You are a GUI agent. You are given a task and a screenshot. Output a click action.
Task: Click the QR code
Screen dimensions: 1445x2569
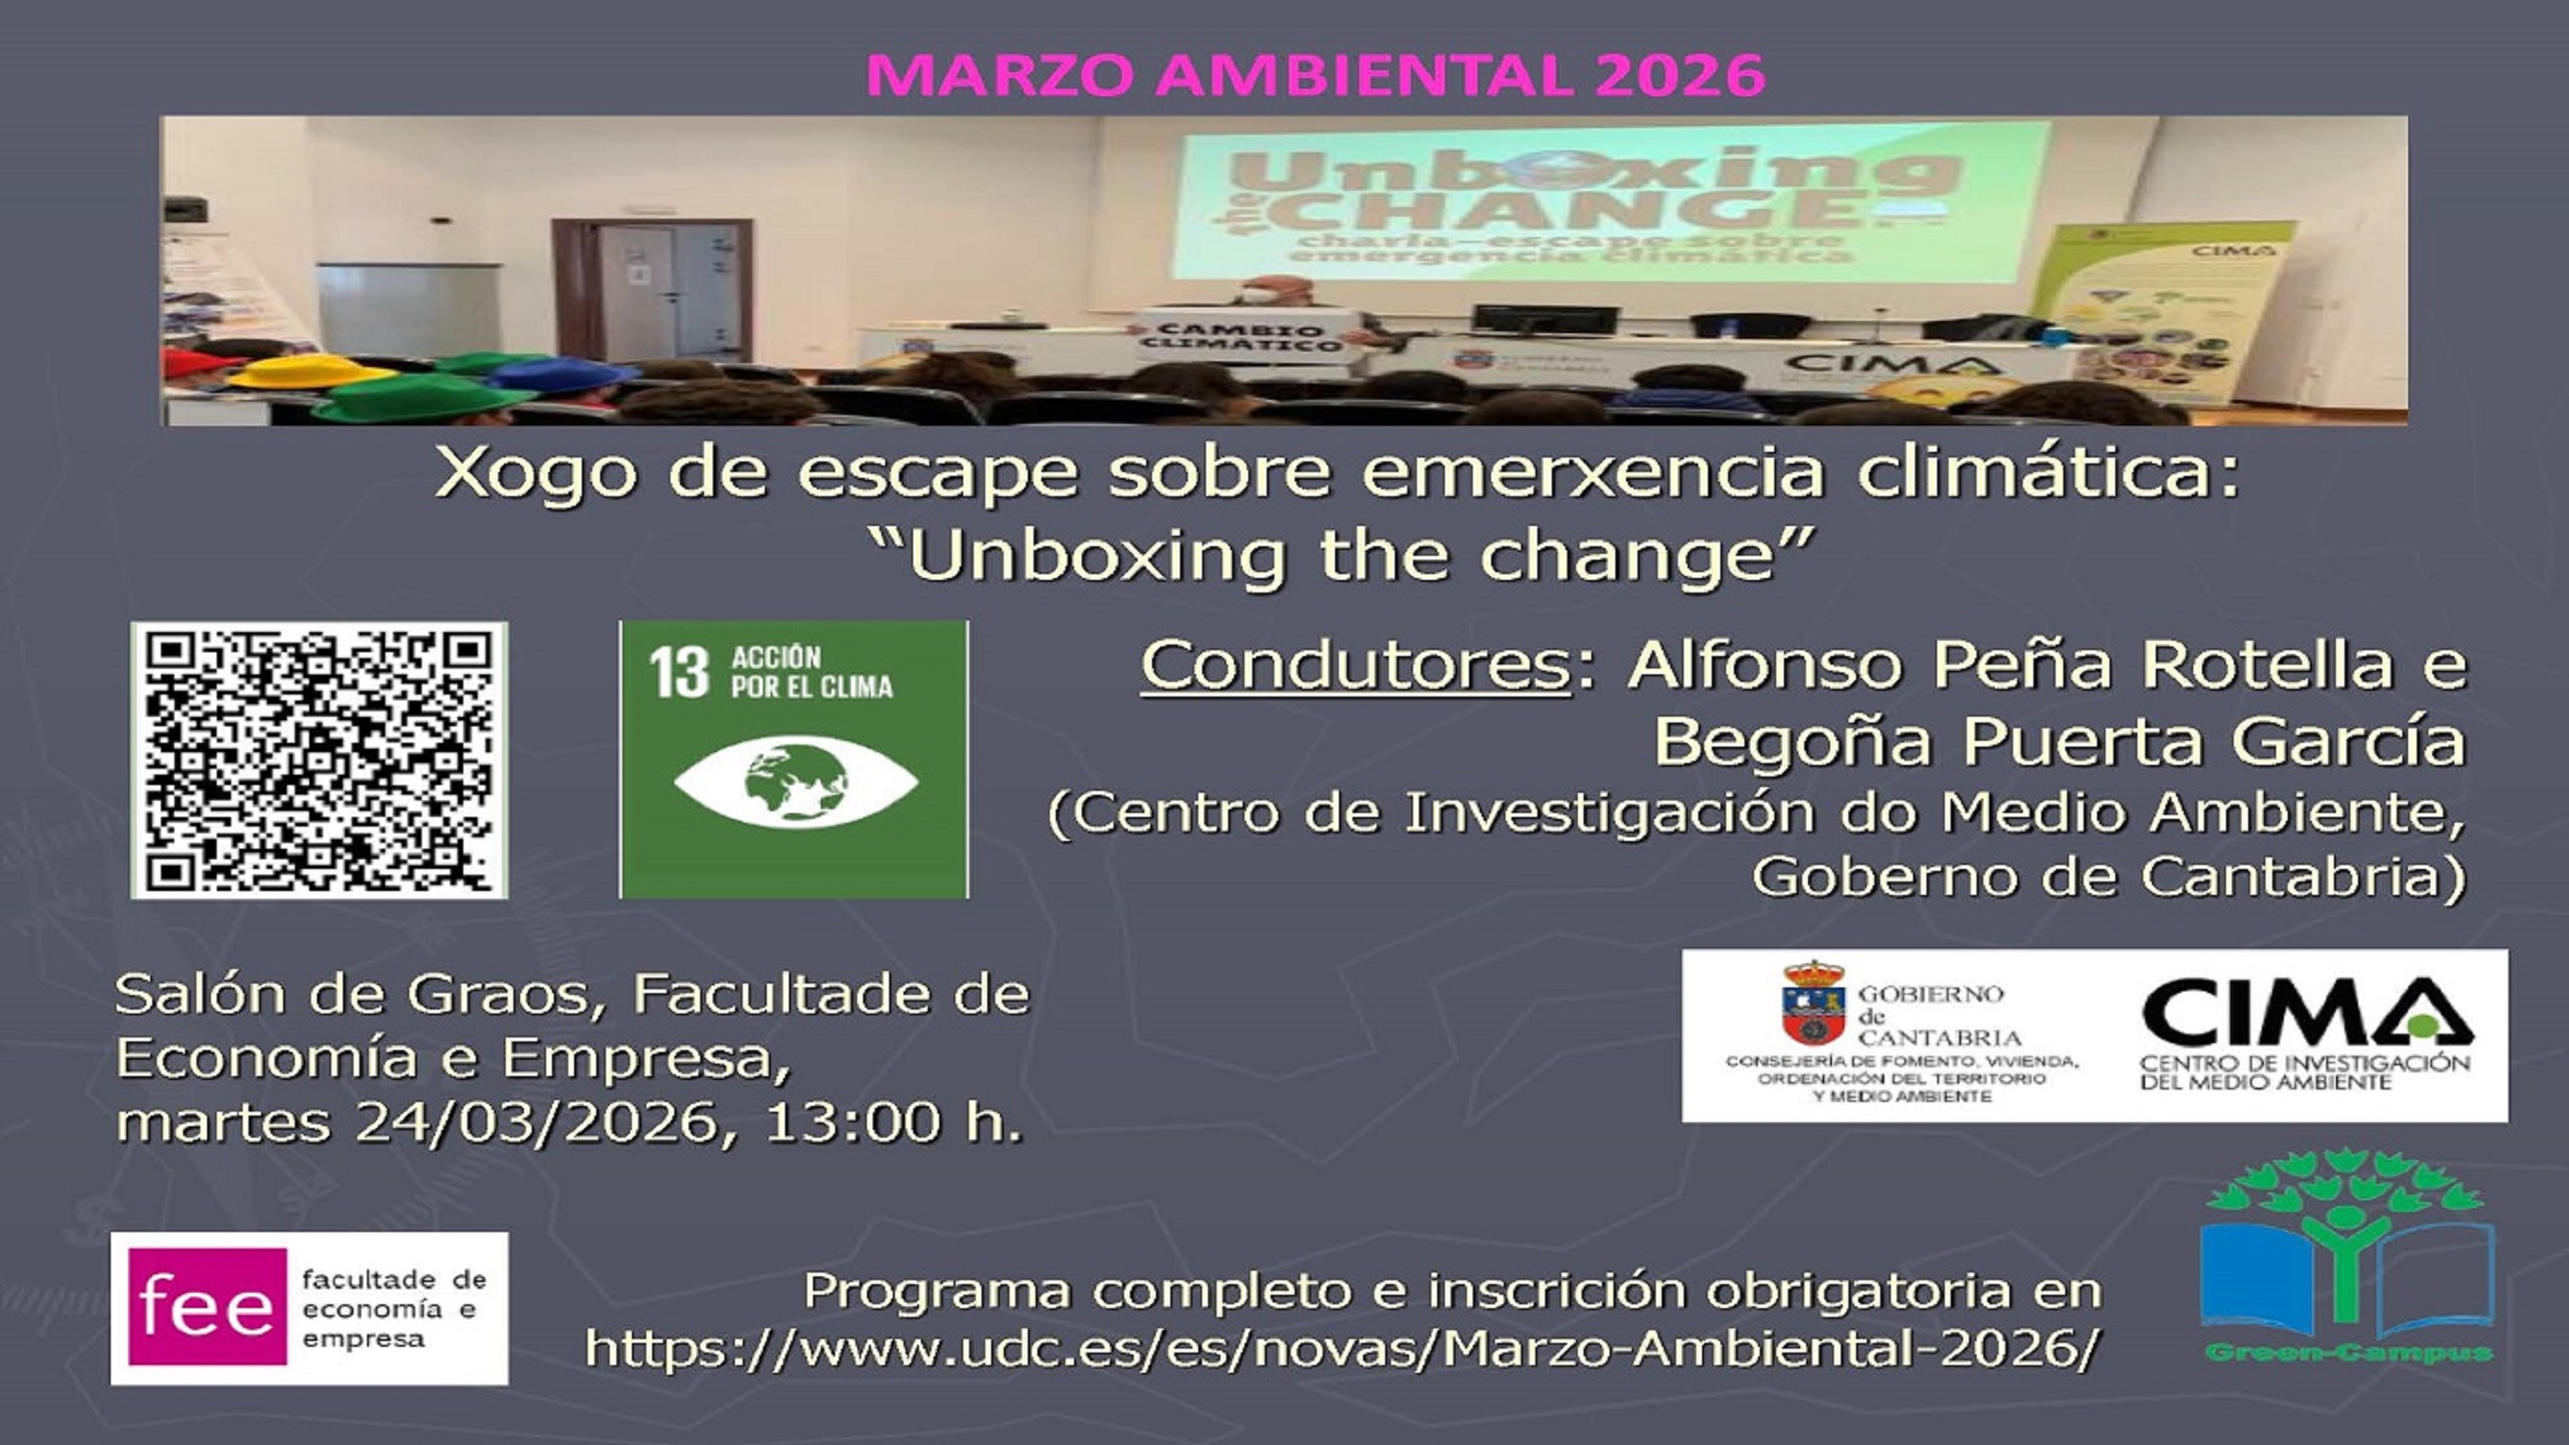(x=319, y=760)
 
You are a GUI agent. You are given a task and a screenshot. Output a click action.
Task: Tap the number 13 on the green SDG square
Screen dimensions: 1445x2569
(x=678, y=672)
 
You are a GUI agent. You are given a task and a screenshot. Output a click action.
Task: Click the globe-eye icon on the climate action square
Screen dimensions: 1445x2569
(x=795, y=782)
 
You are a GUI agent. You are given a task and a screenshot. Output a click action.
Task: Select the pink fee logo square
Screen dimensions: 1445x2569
(x=207, y=1306)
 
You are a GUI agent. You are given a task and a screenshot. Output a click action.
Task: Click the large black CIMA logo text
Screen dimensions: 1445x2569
(x=2306, y=1013)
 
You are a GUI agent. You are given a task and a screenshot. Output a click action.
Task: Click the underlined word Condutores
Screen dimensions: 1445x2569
(x=1356, y=665)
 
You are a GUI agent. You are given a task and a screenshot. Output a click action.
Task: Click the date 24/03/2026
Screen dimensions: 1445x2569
(x=537, y=1122)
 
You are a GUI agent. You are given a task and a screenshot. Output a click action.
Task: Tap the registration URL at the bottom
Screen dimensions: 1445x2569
(x=1342, y=1349)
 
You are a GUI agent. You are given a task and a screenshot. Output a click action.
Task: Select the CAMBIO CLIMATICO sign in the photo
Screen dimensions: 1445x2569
(x=1241, y=336)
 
